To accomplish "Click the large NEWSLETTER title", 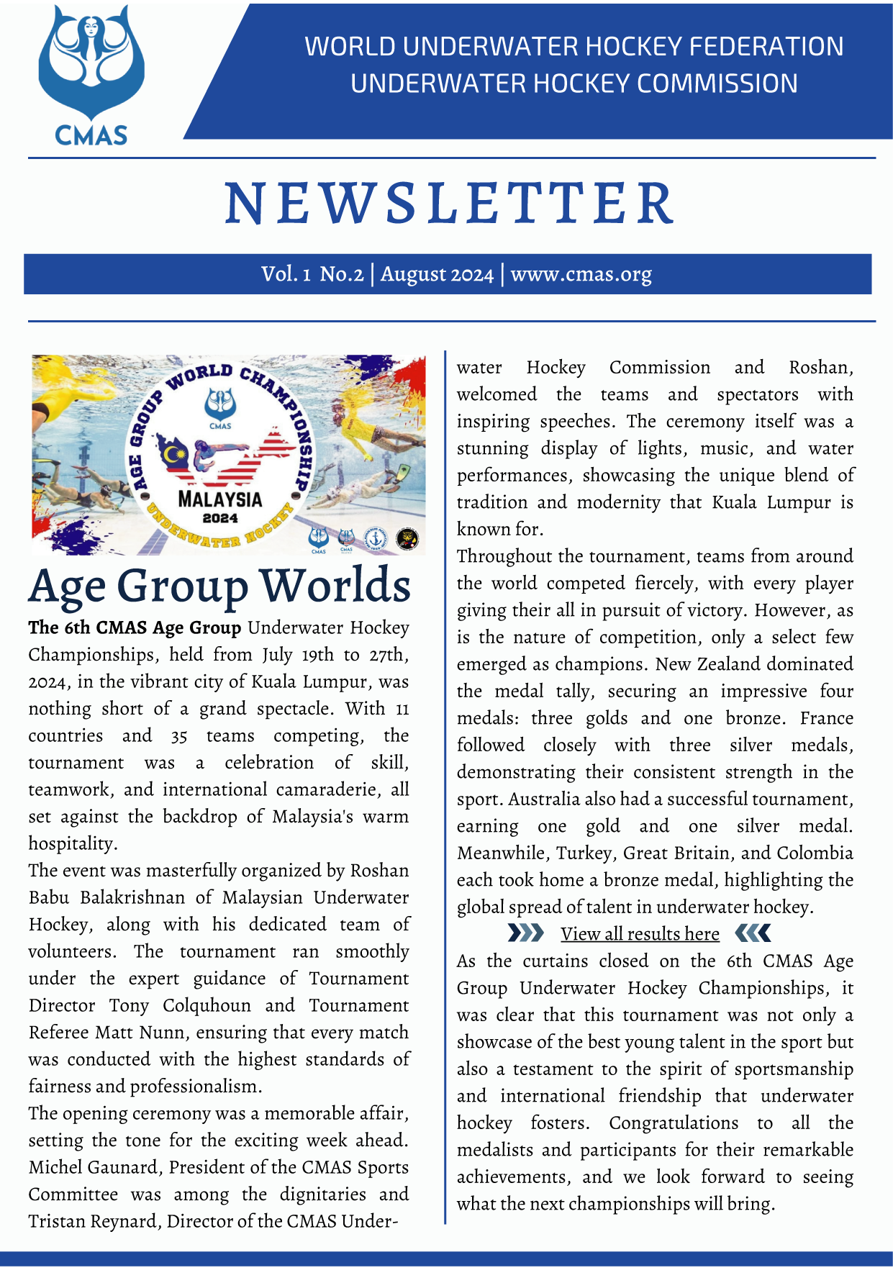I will click(x=450, y=204).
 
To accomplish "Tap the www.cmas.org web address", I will click(x=581, y=274).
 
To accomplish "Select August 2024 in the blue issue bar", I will click(x=437, y=274).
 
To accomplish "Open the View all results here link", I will click(x=640, y=934).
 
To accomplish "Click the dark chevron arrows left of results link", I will click(x=525, y=933).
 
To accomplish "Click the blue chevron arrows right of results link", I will click(x=753, y=933).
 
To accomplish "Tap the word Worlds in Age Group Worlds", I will click(x=335, y=586).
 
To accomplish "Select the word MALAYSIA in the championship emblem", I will click(x=220, y=499).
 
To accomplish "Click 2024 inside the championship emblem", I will click(x=220, y=517).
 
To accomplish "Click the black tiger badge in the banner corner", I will click(x=408, y=539).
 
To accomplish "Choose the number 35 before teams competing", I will click(x=179, y=736).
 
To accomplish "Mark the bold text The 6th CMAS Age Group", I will click(x=135, y=628).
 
